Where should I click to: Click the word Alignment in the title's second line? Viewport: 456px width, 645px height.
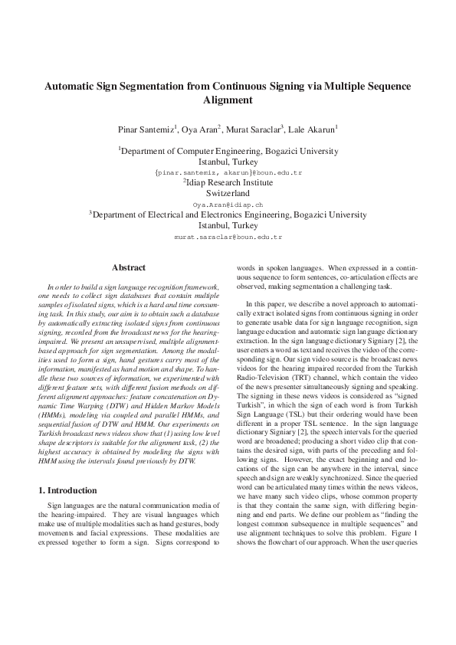coord(228,100)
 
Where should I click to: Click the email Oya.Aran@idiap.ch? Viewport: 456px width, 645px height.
coord(228,205)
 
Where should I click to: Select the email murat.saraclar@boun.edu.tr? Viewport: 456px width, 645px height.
coord(228,237)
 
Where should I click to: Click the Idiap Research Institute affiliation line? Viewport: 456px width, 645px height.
coord(228,184)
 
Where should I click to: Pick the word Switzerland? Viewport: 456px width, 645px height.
coord(228,195)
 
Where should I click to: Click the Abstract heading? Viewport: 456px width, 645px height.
coord(128,267)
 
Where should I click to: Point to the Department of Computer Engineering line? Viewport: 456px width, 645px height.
coord(228,152)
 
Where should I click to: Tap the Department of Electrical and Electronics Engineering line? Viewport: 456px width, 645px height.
coord(228,216)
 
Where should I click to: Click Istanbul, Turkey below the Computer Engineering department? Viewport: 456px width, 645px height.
coord(228,162)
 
